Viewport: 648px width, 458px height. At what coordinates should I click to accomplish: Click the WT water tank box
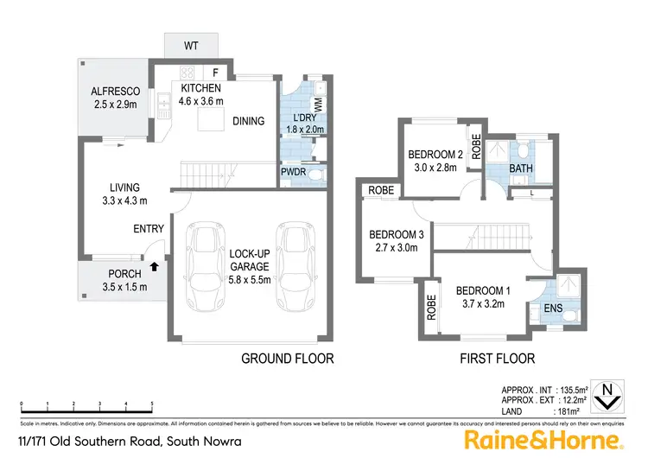pyautogui.click(x=192, y=45)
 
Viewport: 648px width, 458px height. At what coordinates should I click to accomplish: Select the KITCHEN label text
pyautogui.click(x=201, y=88)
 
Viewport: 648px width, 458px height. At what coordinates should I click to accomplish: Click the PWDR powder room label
pyautogui.click(x=293, y=173)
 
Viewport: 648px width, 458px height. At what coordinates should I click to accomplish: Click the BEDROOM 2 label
pyautogui.click(x=436, y=156)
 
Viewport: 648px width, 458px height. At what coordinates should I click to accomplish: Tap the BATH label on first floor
pyautogui.click(x=520, y=168)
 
